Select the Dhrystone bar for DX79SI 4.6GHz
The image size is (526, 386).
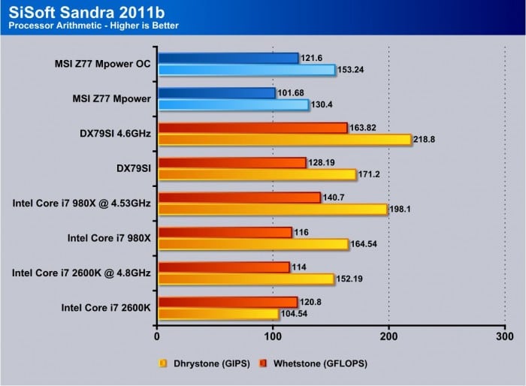pyautogui.click(x=285, y=140)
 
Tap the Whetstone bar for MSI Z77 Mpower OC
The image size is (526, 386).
pyautogui.click(x=228, y=59)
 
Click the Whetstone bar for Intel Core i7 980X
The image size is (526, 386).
pyautogui.click(x=225, y=233)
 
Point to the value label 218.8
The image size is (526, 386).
pyautogui.click(x=428, y=140)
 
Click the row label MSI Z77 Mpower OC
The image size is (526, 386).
pyautogui.click(x=103, y=64)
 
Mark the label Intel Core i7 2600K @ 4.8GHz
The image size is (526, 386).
pyautogui.click(x=81, y=273)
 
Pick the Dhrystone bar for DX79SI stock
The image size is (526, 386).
pyautogui.click(x=256, y=174)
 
